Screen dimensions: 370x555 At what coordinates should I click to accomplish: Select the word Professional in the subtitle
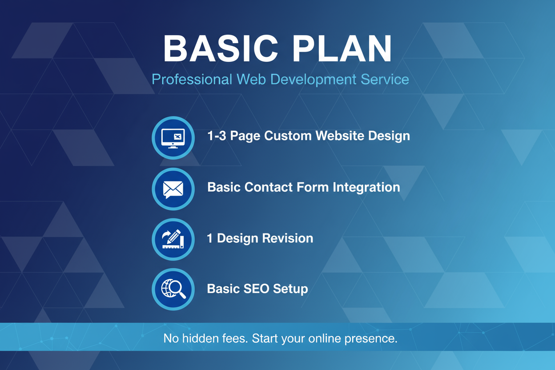click(x=192, y=80)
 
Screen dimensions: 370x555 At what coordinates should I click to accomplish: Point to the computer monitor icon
click(x=173, y=137)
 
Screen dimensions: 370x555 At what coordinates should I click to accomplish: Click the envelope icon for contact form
click(x=173, y=189)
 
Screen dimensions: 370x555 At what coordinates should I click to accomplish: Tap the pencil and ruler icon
click(x=173, y=239)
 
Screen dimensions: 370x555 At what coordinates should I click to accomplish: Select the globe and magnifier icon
click(x=173, y=289)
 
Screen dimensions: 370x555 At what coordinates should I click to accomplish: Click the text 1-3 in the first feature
click(x=216, y=136)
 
